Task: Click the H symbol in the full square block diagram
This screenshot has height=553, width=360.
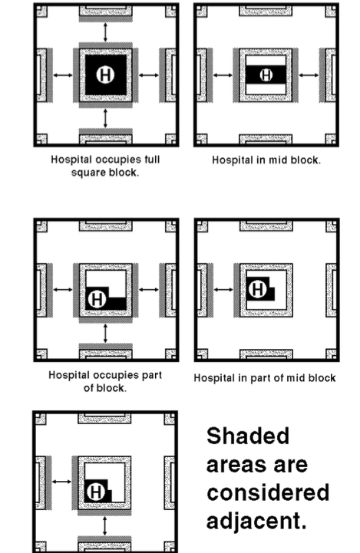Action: click(x=105, y=75)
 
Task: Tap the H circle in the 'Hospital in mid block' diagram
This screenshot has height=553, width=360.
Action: click(x=266, y=75)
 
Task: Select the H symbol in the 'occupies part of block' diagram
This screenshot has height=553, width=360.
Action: click(x=97, y=299)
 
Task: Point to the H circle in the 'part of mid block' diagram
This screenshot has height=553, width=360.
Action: click(x=257, y=289)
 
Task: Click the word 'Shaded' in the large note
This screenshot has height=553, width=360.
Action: click(x=248, y=436)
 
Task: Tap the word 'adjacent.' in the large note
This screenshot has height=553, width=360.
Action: click(x=256, y=521)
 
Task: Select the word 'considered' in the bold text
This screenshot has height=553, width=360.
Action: click(x=268, y=492)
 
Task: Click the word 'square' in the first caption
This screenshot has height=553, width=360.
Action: click(x=87, y=173)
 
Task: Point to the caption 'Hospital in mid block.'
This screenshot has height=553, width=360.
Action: click(x=266, y=160)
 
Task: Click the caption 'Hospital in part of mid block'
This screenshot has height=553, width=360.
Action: click(x=265, y=378)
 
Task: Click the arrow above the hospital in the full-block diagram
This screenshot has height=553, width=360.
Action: click(x=105, y=32)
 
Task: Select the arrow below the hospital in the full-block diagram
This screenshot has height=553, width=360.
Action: click(x=105, y=118)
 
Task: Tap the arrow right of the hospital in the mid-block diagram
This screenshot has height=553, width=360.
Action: click(x=309, y=74)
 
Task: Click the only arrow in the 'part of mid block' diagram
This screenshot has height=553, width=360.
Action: click(x=223, y=290)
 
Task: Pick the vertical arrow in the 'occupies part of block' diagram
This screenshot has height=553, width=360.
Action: click(x=105, y=334)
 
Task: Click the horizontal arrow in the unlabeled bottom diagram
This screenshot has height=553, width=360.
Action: click(x=61, y=482)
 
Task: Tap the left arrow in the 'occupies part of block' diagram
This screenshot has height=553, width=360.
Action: click(x=63, y=290)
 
